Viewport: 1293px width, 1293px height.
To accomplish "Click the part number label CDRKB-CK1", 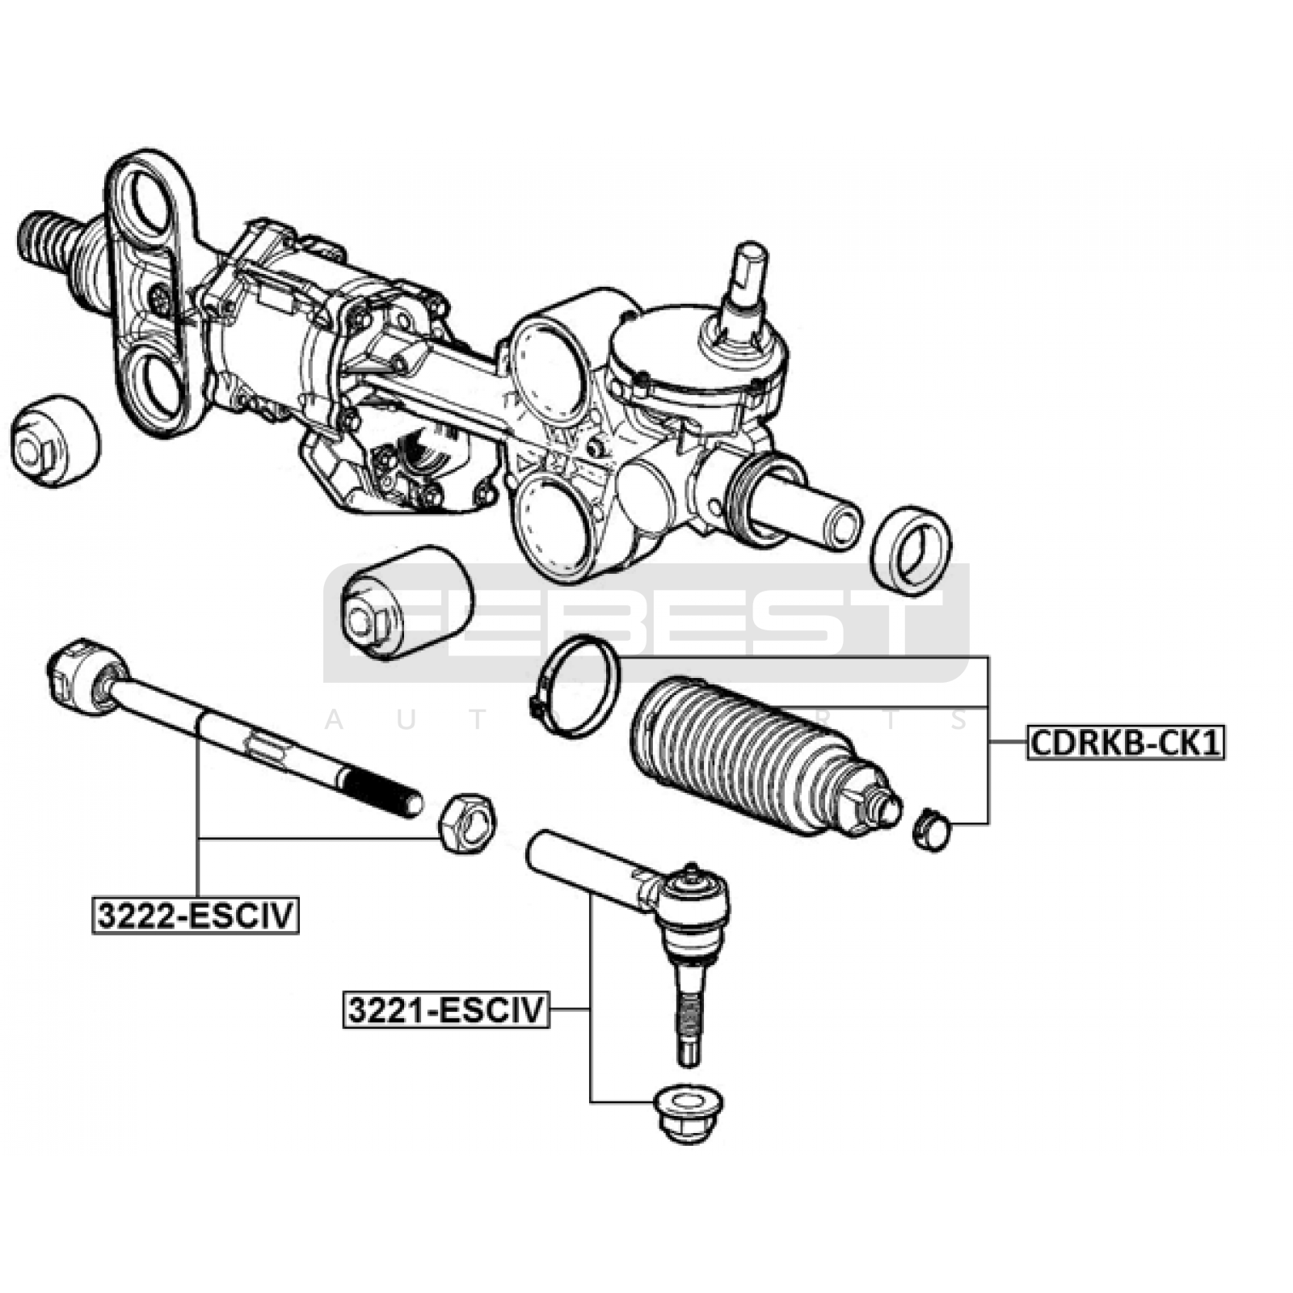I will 1126,742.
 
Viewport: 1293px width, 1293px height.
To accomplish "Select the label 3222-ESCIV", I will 196,916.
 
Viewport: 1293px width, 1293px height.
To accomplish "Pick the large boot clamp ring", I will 576,686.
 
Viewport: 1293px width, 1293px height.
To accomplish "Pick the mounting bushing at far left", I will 55,440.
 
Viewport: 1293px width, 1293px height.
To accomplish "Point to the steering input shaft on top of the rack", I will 748,279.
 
